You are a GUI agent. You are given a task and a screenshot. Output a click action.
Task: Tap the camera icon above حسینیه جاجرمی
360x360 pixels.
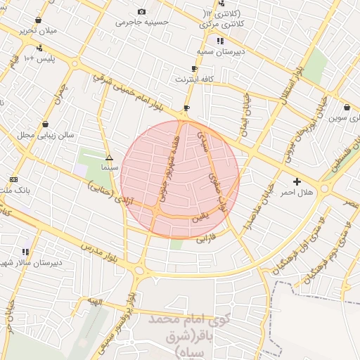click(x=142, y=12)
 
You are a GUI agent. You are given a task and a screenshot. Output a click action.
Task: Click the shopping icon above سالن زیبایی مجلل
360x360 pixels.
click(x=46, y=124)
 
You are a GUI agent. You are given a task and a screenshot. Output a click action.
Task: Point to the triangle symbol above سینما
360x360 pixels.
click(x=108, y=158)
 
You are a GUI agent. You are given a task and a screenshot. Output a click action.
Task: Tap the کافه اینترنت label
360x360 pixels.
click(x=194, y=79)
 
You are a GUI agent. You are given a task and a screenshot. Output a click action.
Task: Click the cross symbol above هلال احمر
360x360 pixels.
click(x=296, y=181)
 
